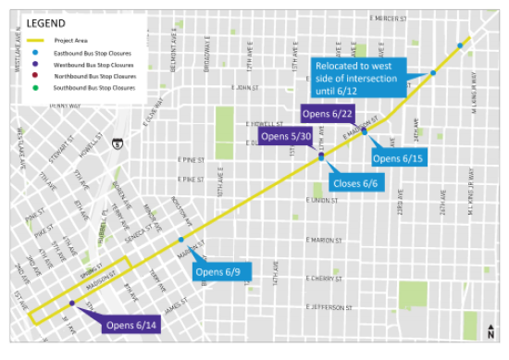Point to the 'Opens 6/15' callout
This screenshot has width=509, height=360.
click(398, 158)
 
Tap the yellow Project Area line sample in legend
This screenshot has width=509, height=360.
click(36, 41)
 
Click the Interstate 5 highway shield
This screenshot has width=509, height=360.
click(116, 144)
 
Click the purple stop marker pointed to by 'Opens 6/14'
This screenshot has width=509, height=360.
click(71, 304)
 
